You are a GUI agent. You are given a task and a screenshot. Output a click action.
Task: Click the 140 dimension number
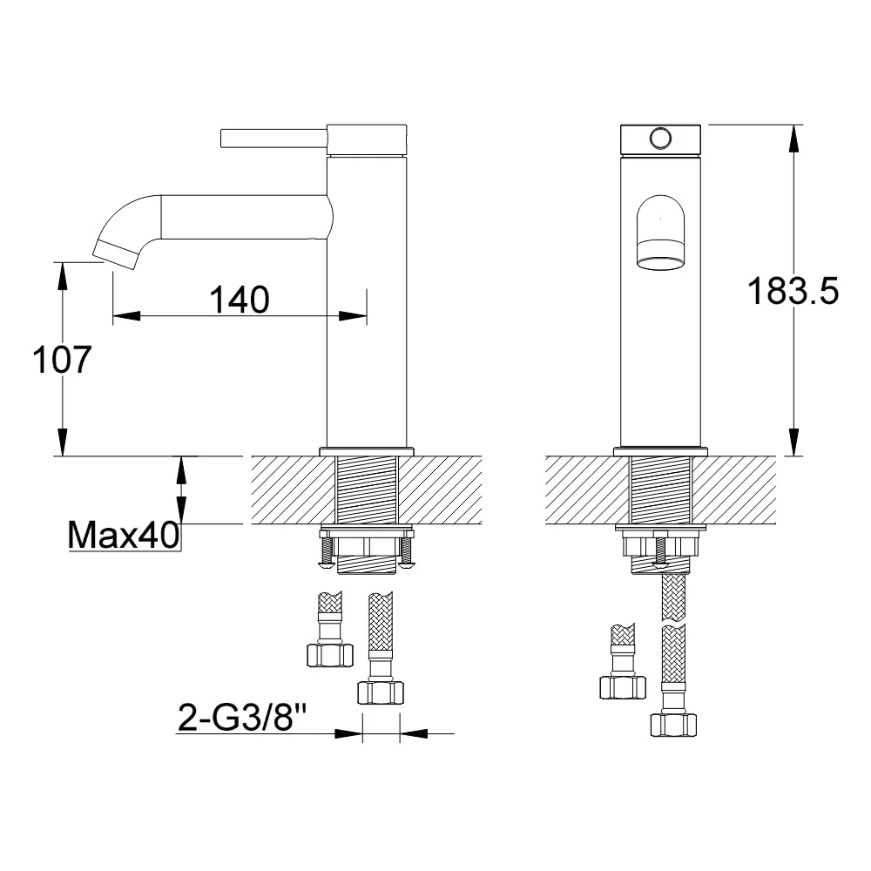[240, 300]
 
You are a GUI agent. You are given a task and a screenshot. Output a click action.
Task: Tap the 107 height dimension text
[62, 360]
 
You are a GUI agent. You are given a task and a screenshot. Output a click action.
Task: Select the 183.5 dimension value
[793, 291]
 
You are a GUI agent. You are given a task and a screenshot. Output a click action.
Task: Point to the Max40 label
[124, 535]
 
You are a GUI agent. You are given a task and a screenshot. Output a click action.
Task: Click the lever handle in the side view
[273, 138]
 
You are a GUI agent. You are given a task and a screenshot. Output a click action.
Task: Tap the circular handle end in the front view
[660, 138]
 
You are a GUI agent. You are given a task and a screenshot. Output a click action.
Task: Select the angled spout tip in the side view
[116, 255]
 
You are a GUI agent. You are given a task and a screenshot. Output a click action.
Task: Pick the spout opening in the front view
[660, 254]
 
